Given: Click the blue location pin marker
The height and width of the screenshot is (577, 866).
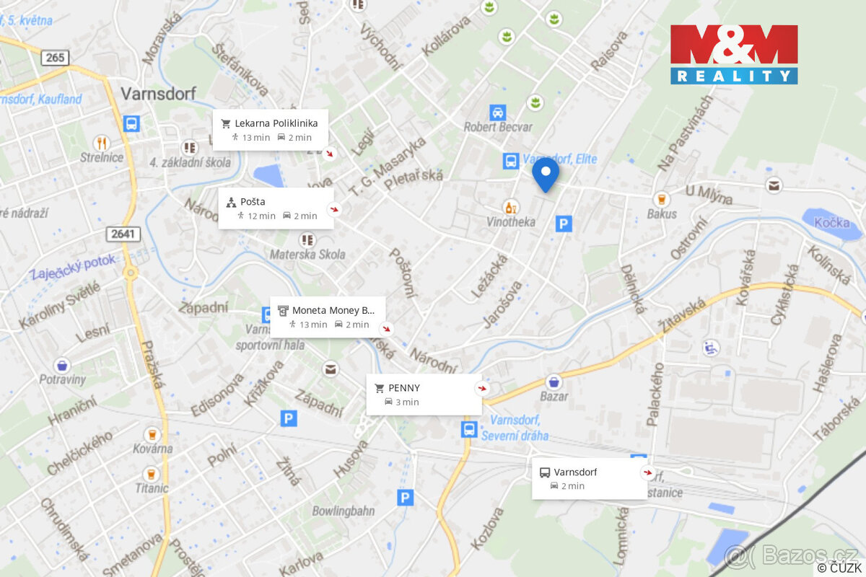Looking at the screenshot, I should [x=546, y=175].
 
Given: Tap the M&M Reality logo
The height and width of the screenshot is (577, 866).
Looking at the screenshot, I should [x=734, y=55].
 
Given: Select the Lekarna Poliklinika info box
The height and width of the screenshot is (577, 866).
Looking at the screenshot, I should [x=271, y=130].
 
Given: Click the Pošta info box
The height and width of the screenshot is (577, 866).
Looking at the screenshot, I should [x=276, y=208].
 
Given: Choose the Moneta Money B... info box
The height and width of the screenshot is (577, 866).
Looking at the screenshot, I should [x=328, y=317].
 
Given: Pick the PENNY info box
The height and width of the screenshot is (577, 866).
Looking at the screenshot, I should [x=424, y=395].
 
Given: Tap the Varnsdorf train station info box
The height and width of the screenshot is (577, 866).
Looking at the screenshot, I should [x=589, y=479].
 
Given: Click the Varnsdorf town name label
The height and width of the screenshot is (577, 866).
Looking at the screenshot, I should [x=158, y=93].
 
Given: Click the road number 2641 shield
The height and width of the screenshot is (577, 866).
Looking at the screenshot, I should [x=123, y=234].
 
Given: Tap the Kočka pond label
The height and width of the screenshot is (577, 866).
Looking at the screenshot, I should [x=831, y=222].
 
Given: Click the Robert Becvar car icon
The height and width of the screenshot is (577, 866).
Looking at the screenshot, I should [x=497, y=113].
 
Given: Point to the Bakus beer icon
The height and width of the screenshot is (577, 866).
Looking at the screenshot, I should [x=661, y=199].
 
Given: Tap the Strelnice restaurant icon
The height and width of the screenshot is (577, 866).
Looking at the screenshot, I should [x=102, y=143].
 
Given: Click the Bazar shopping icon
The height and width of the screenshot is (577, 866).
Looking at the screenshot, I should [x=554, y=382].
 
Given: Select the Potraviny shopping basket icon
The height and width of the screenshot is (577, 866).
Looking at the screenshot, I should [x=63, y=365].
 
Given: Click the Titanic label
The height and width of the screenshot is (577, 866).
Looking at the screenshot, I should [x=151, y=488].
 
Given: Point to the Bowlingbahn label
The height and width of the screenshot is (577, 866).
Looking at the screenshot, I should [x=344, y=511].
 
